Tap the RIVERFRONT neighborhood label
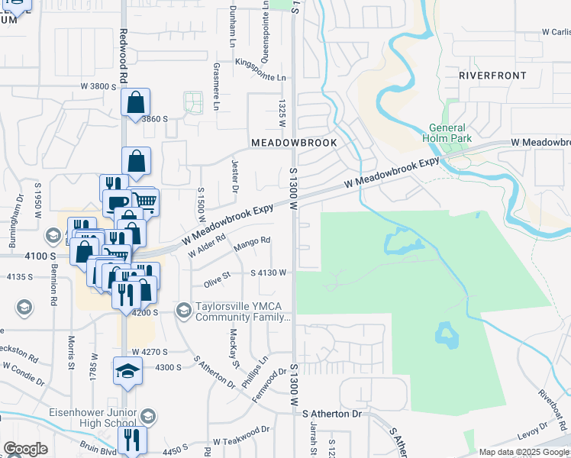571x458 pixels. coord(492,76)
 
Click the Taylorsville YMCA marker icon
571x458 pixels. coord(182,310)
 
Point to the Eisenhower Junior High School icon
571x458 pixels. coord(148,417)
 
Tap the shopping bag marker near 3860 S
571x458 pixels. coord(135,102)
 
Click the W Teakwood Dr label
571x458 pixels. coord(241,440)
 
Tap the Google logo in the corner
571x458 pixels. coord(25,449)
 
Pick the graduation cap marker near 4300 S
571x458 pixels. coord(128,371)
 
